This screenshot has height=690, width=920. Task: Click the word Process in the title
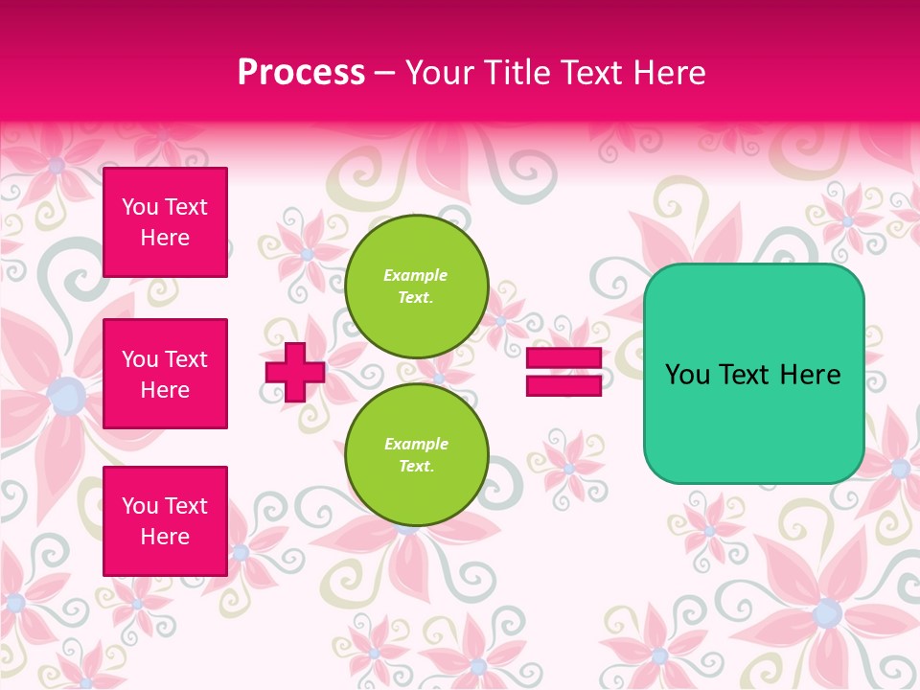[x=301, y=73]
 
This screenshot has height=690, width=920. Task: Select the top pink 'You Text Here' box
[x=165, y=222]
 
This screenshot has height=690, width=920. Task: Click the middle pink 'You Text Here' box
[x=165, y=374]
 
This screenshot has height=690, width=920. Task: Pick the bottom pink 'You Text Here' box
[x=165, y=521]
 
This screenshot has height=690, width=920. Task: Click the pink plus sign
[x=295, y=372]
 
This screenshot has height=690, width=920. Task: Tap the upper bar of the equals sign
[x=563, y=358]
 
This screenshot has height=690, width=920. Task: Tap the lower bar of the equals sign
[x=563, y=386]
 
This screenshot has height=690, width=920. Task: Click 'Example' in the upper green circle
[x=415, y=275]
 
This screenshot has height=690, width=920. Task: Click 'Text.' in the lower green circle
[x=416, y=466]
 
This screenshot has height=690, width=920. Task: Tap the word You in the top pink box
[x=140, y=207]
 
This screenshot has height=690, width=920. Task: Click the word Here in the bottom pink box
[x=165, y=537]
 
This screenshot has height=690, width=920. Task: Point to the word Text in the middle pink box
[x=185, y=359]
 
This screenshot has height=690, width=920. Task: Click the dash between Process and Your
[x=384, y=74]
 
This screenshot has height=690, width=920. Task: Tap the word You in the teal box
[x=687, y=375]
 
